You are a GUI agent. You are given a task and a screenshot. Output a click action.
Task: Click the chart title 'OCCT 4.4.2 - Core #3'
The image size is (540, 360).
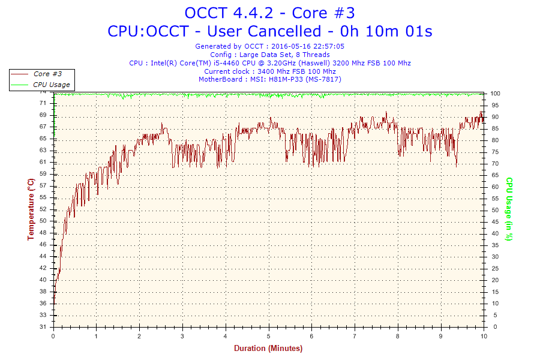pos(269,13)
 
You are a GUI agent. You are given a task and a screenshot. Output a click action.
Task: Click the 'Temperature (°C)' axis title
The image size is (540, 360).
pos(31,209)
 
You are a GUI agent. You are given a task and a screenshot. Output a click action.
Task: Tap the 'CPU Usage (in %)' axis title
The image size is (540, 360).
pos(509,209)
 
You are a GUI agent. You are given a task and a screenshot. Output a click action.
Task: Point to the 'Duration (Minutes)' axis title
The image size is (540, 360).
pos(268,349)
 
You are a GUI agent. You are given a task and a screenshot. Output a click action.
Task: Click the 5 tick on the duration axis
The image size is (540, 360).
pos(268,336)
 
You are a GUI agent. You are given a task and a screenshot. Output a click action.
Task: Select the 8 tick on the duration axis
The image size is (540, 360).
pos(398,336)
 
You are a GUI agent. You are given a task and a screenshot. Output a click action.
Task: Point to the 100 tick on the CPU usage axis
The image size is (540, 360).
pos(496,94)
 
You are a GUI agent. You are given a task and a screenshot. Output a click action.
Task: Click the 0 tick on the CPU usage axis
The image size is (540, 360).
pos(493,327)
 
